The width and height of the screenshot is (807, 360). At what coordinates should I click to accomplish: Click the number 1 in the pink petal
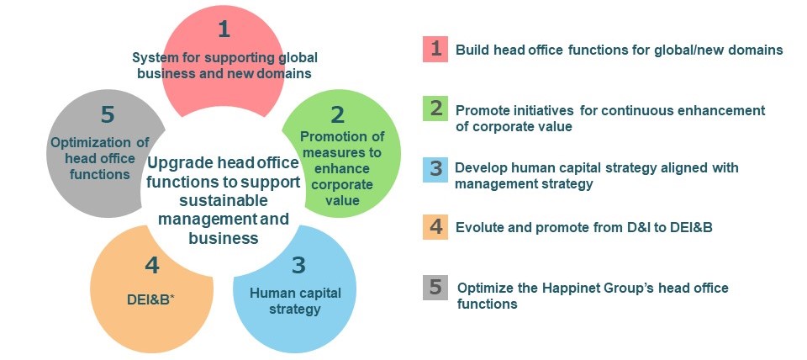click(224, 29)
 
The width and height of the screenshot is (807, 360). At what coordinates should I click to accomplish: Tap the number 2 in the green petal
click(337, 115)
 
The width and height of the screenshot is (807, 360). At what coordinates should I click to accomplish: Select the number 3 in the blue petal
click(298, 265)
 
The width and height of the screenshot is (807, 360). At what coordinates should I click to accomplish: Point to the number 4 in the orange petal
click(152, 266)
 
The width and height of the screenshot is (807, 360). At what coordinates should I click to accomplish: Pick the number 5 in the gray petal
click(107, 115)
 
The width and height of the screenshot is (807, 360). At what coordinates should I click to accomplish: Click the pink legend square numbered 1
click(435, 49)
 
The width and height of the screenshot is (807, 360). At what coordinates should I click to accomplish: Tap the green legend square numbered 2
click(435, 109)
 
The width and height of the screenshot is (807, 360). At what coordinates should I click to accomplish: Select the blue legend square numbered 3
click(435, 169)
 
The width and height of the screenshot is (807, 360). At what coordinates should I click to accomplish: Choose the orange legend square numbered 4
click(435, 226)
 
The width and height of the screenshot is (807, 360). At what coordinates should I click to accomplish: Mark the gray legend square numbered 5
click(435, 287)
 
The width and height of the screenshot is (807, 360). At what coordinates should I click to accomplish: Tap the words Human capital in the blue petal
click(295, 293)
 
